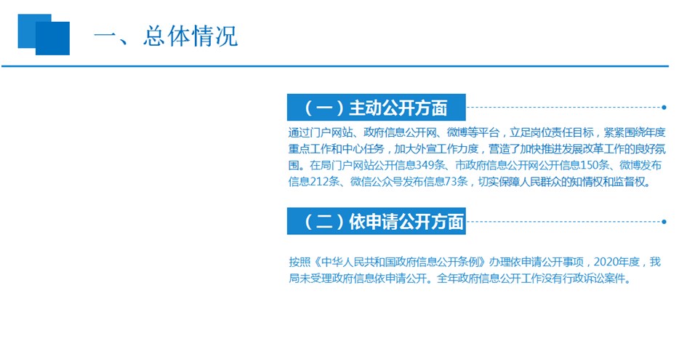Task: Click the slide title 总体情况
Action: (190, 36)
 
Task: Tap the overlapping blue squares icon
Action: (44, 35)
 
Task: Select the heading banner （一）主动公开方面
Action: (376, 107)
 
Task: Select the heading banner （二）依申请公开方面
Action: (376, 221)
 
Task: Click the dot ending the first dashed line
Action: (664, 107)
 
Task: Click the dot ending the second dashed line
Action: (664, 221)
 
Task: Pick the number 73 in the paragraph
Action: (450, 182)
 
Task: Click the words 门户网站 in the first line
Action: (332, 132)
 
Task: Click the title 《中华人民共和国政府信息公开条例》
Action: (399, 262)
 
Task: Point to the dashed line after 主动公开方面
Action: (564, 107)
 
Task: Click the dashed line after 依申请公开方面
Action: (564, 221)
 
